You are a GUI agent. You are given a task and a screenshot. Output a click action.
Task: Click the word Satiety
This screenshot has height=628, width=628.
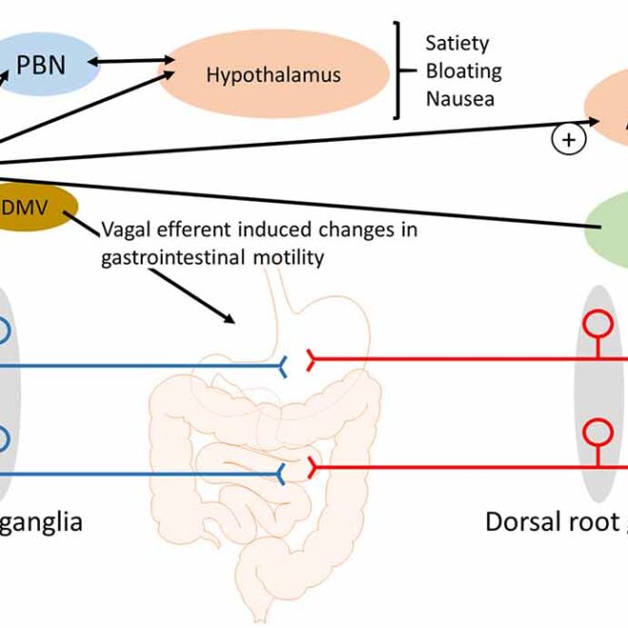(458, 44)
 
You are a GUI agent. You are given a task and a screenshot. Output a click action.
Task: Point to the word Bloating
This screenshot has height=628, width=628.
(463, 70)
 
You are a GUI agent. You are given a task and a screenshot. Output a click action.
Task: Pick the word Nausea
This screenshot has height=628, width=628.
(461, 98)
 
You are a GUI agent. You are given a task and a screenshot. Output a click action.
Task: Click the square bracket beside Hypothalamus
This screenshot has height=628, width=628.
(396, 72)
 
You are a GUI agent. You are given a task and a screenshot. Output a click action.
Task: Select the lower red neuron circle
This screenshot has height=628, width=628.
(598, 433)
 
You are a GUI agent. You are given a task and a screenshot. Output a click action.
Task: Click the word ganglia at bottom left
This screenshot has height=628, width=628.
(43, 521)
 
